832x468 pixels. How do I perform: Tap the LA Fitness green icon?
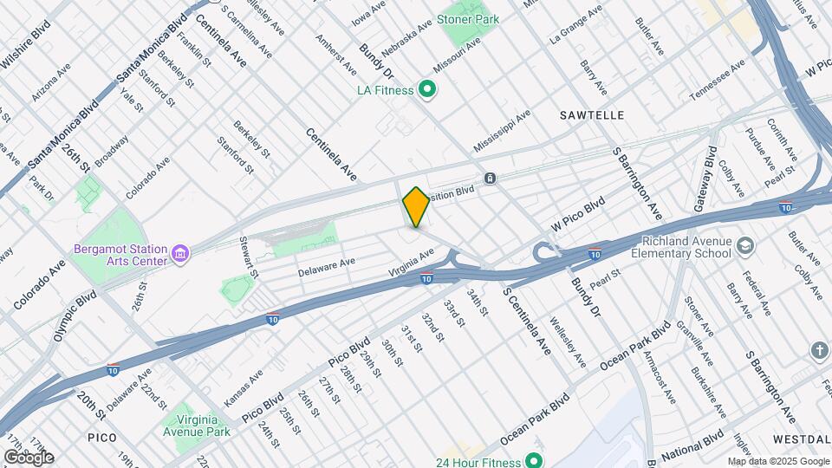tap(426, 88)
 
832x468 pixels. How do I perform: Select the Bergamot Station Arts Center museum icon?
tap(180, 253)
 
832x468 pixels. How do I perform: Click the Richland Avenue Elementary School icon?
tap(744, 248)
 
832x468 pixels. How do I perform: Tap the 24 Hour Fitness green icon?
tap(534, 460)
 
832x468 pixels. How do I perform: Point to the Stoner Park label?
tap(468, 18)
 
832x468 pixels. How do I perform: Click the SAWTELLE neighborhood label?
tap(592, 114)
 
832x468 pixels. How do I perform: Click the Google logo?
tap(29, 457)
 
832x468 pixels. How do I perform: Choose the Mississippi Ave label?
tap(503, 131)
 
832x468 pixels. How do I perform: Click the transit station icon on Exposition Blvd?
tap(491, 178)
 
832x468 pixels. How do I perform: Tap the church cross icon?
tap(820, 350)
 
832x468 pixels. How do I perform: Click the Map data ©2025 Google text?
tap(777, 461)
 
